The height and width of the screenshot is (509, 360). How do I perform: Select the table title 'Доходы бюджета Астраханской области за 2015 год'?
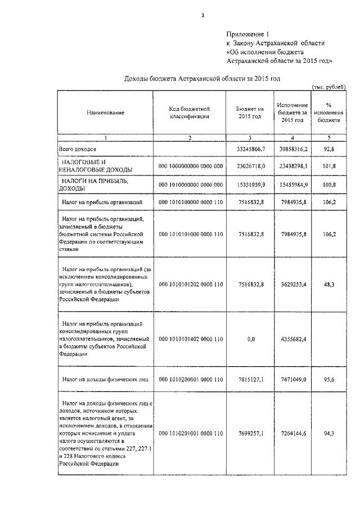tap(202, 79)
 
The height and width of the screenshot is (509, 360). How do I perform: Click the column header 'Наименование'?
tap(105, 113)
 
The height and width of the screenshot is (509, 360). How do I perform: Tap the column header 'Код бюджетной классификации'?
tap(190, 112)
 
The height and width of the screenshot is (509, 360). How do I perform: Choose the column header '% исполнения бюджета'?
tap(328, 112)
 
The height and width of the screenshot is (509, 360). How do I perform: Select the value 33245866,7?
tap(247, 149)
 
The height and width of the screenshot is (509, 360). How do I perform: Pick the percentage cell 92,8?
tap(328, 149)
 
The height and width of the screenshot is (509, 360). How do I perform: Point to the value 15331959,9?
tap(247, 184)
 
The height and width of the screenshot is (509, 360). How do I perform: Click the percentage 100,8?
tap(328, 184)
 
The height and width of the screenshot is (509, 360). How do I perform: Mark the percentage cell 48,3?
tap(328, 285)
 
